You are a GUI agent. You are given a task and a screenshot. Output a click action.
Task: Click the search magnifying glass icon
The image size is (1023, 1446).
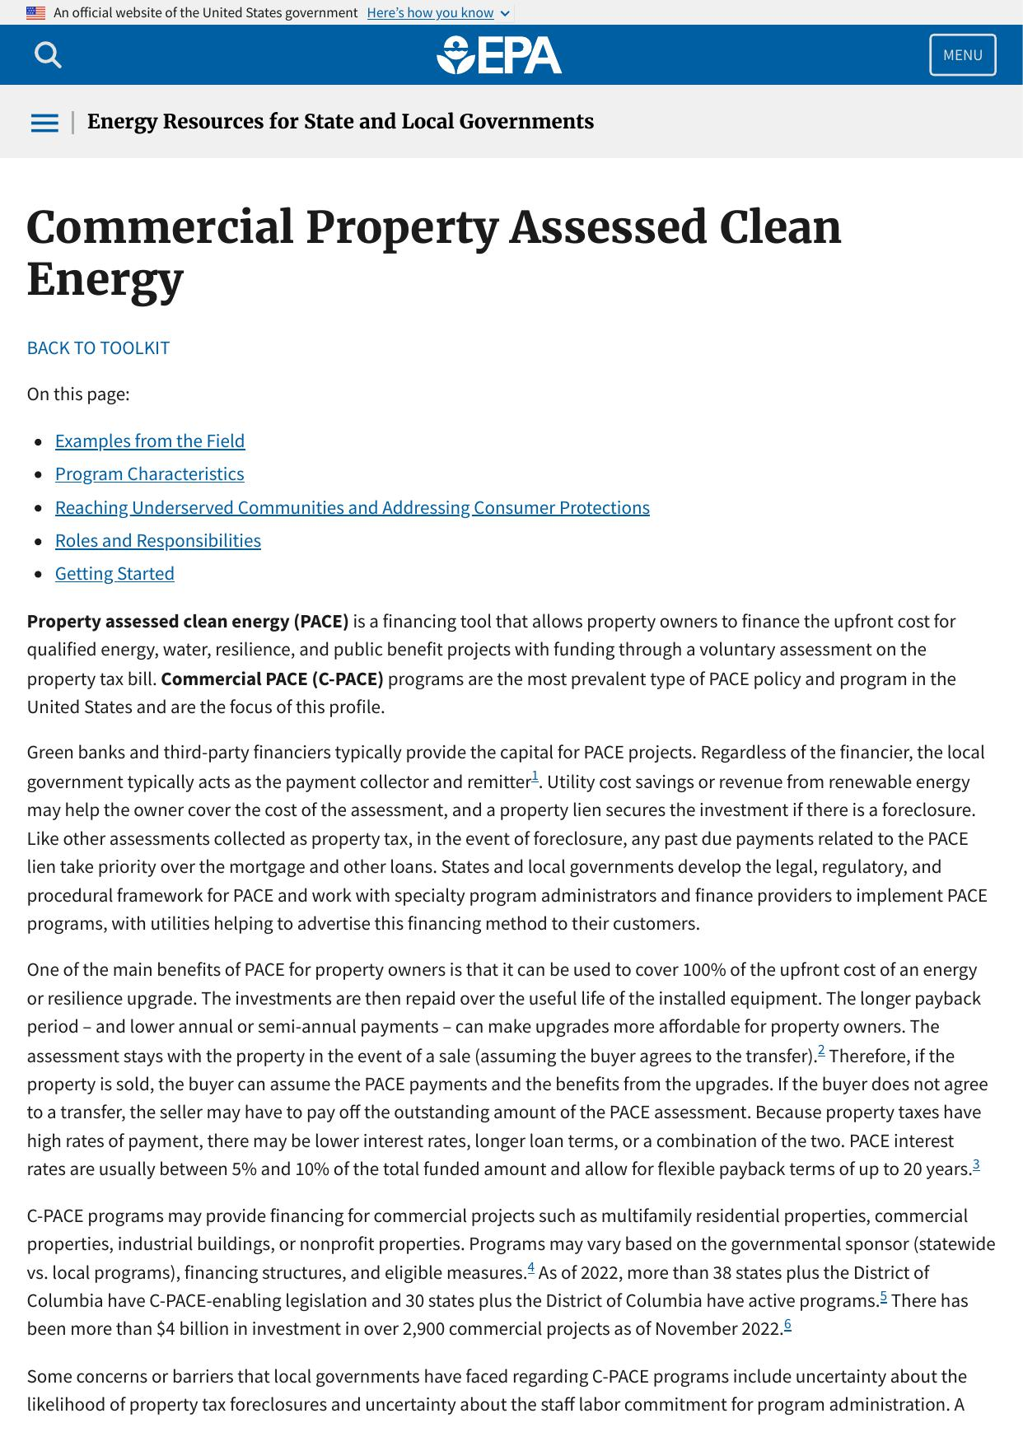pos(48,55)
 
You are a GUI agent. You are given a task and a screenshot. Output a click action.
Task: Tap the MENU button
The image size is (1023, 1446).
pos(962,55)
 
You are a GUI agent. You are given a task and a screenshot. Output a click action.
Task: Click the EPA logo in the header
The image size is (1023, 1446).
pos(499,55)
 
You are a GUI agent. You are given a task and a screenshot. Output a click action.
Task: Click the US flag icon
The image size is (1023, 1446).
pos(35,12)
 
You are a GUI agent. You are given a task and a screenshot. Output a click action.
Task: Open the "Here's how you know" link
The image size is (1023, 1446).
pos(431,12)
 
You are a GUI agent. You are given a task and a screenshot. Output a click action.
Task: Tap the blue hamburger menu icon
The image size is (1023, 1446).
pos(44,123)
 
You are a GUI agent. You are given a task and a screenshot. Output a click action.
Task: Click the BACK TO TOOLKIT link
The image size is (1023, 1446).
pos(98,348)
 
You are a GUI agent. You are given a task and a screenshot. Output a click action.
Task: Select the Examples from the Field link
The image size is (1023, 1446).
pos(150,441)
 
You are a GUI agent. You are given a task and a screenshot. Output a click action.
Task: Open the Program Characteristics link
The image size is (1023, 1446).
pos(149,473)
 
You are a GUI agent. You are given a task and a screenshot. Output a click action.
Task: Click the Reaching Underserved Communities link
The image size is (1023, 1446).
pos(352,507)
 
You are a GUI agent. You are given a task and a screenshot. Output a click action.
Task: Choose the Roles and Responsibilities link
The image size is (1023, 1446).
pos(157,540)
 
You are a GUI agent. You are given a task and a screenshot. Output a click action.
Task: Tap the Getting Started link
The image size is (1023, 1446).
pos(114,573)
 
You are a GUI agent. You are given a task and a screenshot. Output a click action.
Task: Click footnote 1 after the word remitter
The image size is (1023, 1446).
pos(535,776)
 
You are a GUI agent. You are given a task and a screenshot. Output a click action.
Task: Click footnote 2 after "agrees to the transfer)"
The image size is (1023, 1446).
pos(821,1050)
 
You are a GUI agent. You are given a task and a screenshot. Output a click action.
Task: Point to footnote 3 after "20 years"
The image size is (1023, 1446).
pos(976,1164)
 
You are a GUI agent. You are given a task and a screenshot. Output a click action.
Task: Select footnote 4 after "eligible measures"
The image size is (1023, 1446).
pos(531,1266)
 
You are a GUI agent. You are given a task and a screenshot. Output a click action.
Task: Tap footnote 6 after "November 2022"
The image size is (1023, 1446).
pos(787,1323)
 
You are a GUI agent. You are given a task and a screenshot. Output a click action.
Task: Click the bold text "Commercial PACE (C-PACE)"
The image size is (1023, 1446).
pos(272,679)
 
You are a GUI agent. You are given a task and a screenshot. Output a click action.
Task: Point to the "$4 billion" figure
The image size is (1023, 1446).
pos(189,1328)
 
